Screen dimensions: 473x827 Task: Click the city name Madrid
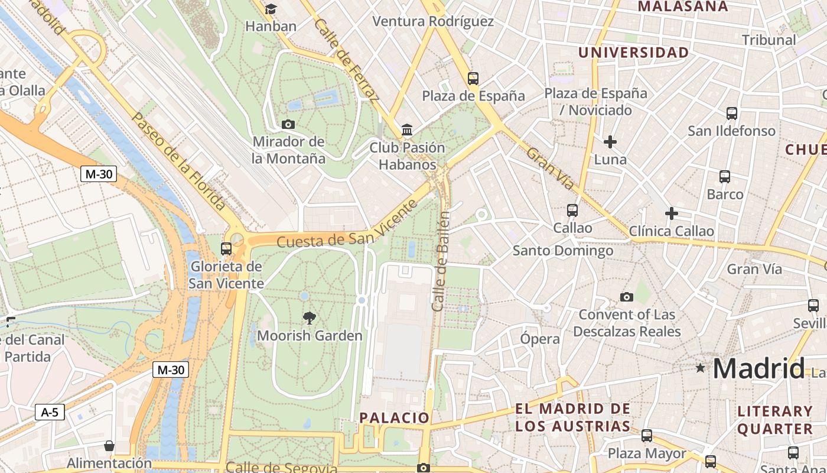point(758,368)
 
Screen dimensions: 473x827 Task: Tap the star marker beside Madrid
point(701,368)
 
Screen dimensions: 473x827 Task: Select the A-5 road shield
point(50,412)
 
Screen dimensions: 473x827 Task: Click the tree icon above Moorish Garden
point(308,318)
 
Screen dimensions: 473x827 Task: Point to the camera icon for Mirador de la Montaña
point(288,124)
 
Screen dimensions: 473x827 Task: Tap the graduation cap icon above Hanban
point(271,9)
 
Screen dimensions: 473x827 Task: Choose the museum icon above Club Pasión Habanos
point(406,129)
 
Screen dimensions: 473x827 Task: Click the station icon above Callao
point(572,210)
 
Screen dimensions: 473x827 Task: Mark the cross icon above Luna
point(610,142)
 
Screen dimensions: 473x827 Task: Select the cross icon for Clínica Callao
point(671,213)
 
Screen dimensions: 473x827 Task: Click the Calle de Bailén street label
point(441,261)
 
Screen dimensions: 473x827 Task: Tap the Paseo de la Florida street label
point(178,160)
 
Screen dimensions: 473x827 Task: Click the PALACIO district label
point(395,417)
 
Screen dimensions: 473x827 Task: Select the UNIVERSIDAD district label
point(633,53)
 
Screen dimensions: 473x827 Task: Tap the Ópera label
point(540,339)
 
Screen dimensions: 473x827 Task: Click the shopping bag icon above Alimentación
point(109,445)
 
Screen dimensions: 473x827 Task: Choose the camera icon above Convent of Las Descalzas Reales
point(627,297)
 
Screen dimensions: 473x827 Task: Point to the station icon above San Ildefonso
point(732,113)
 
